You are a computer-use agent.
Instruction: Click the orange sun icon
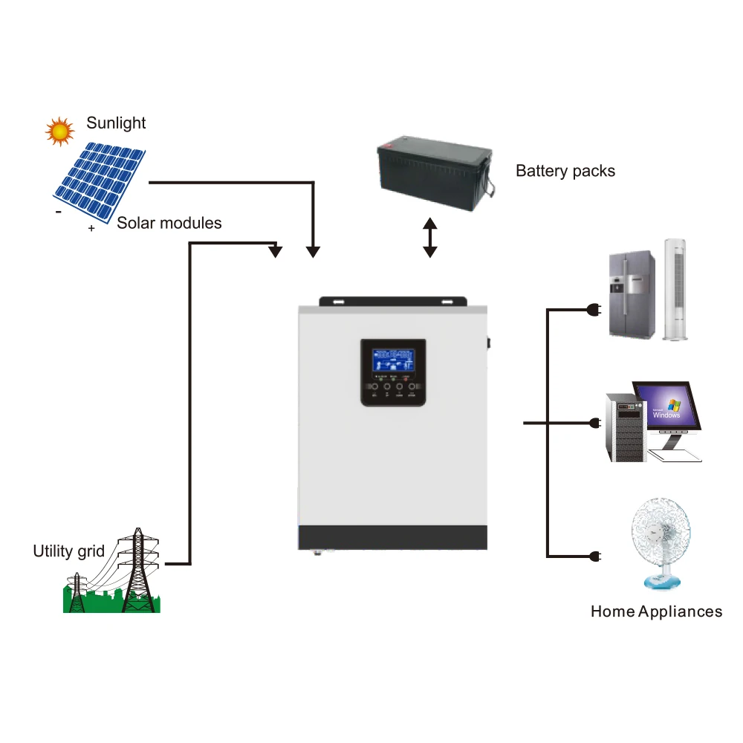(x=59, y=131)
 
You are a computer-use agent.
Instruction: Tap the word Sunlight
(x=116, y=123)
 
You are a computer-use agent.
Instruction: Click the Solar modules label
(x=169, y=223)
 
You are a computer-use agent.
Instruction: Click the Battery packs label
(x=565, y=171)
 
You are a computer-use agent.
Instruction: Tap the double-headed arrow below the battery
(x=429, y=238)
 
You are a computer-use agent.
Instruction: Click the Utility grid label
(x=68, y=551)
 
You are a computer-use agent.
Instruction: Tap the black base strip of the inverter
(x=392, y=537)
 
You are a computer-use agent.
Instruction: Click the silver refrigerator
(x=632, y=294)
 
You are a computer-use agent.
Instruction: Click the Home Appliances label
(x=656, y=611)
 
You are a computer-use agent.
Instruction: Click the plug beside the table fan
(x=594, y=557)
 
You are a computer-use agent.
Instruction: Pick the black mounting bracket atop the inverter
(x=393, y=302)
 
